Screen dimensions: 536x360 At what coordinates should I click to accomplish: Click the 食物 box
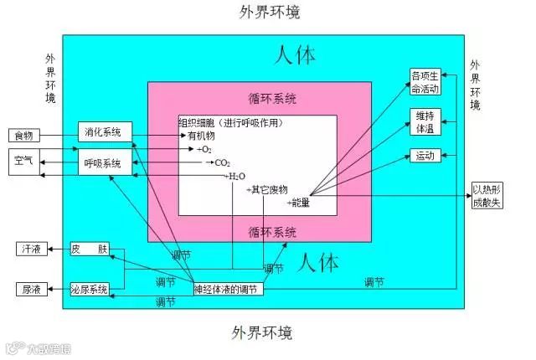pyautogui.click(x=23, y=136)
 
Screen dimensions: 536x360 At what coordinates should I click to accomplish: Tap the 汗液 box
pyautogui.click(x=32, y=249)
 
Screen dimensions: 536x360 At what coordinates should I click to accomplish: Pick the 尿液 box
pyautogui.click(x=32, y=290)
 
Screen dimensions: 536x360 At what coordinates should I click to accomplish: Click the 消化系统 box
pyautogui.click(x=103, y=132)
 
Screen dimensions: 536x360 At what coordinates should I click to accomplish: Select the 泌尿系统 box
pyautogui.click(x=90, y=290)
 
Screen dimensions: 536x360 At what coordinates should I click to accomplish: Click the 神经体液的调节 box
pyautogui.click(x=229, y=290)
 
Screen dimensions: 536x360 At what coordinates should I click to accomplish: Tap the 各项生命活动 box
pyautogui.click(x=425, y=82)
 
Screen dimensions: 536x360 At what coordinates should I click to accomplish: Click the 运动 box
pyautogui.click(x=425, y=156)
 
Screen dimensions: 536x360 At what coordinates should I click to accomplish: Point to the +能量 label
pyautogui.click(x=298, y=203)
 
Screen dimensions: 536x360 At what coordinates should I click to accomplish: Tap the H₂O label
pyautogui.click(x=237, y=177)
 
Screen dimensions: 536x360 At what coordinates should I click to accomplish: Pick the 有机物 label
pyautogui.click(x=200, y=136)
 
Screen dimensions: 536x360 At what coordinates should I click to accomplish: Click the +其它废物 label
pyautogui.click(x=266, y=190)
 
